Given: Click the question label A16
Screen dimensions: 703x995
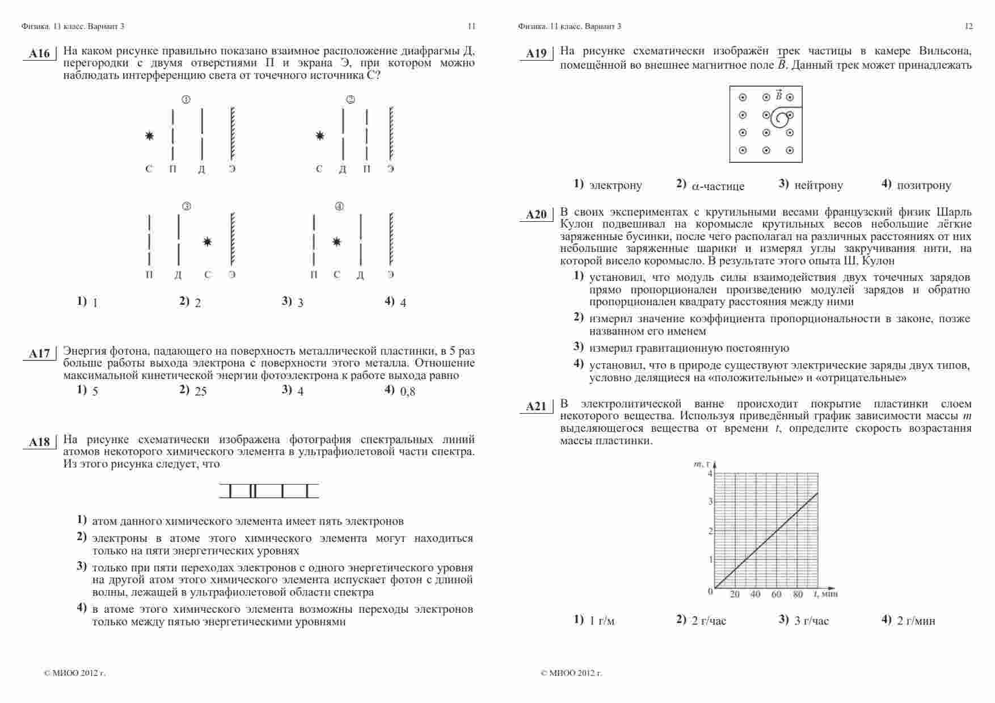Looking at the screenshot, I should click(39, 54).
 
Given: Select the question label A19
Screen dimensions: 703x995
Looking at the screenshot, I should click(536, 54).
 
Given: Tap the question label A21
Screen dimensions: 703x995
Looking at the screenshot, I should click(536, 406).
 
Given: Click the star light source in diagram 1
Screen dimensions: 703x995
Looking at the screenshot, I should click(149, 136).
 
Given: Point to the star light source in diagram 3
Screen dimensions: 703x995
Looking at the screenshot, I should click(208, 242).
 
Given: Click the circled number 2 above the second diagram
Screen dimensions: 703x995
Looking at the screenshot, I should click(350, 100).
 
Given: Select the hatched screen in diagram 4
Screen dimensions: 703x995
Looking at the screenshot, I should click(391, 239).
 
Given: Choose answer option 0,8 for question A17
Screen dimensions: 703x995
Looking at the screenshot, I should click(407, 392).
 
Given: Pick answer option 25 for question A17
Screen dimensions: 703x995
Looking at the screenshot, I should click(200, 392).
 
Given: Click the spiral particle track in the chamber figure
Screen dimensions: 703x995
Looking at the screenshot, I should click(782, 119).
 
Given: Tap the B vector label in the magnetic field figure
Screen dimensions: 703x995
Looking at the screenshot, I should click(778, 95).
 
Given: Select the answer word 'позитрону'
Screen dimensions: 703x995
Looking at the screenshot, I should click(924, 186).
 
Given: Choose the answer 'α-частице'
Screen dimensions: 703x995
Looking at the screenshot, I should click(718, 186).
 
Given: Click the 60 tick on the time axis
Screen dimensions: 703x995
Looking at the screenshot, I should click(777, 595).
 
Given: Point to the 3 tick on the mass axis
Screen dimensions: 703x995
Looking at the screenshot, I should click(710, 502).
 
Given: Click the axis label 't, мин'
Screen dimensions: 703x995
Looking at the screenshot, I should click(826, 594).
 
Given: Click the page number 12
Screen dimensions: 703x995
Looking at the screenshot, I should click(968, 26).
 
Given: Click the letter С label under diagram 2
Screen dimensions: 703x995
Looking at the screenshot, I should click(319, 169).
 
